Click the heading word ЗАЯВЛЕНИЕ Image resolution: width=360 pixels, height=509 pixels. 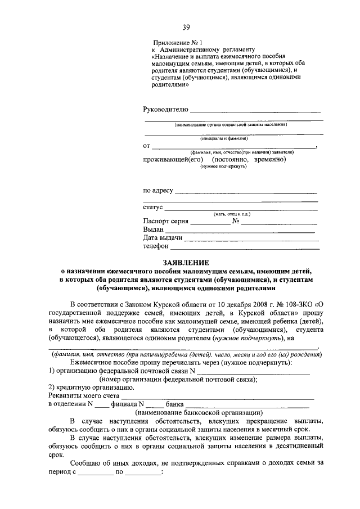tap(186, 262)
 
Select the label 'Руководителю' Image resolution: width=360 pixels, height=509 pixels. tap(166, 108)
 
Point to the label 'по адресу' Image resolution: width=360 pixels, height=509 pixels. tap(158, 191)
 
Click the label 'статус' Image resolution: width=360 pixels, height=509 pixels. tap(153, 208)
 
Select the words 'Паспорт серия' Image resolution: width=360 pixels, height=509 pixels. tap(165, 221)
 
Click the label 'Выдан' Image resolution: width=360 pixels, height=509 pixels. tap(153, 229)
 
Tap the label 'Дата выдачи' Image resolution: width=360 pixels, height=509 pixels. tap(163, 238)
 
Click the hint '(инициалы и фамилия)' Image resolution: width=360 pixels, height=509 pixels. tap(231, 138)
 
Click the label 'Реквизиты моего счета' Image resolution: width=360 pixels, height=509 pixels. tap(83, 395)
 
